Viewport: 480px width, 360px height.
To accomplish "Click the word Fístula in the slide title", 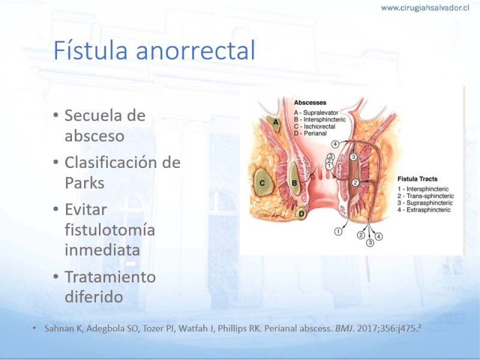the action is coord(91,50).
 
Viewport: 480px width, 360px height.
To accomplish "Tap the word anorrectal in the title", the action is coord(196,50).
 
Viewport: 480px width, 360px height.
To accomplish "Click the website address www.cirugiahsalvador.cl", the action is coord(425,8).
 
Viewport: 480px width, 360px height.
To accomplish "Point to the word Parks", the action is coord(85,183).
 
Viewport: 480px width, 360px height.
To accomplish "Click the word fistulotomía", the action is coord(110,230).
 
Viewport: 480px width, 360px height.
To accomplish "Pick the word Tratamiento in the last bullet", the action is coord(110,277).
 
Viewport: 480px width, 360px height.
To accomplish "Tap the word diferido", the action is coord(94,296).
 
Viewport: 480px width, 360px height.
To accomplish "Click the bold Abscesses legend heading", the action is coord(310,103).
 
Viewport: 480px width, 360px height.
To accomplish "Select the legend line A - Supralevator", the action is coord(316,113).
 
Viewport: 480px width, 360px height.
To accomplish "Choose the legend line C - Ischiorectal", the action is coord(314,127).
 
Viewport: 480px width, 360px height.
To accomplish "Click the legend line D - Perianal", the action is coord(310,133).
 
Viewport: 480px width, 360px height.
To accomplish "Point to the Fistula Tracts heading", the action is coord(418,179).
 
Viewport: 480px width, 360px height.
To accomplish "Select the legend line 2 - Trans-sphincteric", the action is coord(426,196).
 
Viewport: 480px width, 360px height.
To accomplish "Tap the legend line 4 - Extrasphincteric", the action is coord(424,209).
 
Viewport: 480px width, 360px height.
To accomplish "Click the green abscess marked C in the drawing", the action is coord(262,183).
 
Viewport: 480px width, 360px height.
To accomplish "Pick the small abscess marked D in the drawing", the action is coord(302,214).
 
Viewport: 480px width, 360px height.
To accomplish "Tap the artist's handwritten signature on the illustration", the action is coord(272,214).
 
